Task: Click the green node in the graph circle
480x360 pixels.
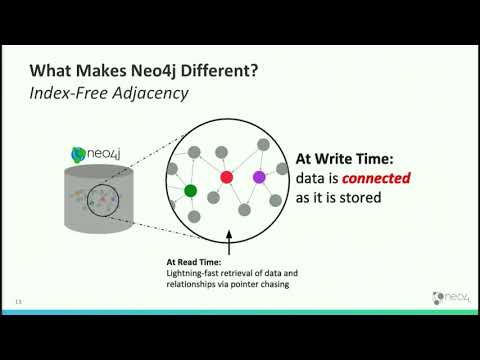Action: point(190,189)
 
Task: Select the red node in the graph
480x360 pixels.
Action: point(226,177)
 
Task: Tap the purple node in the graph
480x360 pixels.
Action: point(259,177)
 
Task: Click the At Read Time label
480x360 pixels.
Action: point(191,263)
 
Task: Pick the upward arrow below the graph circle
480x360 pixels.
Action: point(229,243)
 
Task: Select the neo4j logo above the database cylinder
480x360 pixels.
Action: point(97,155)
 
